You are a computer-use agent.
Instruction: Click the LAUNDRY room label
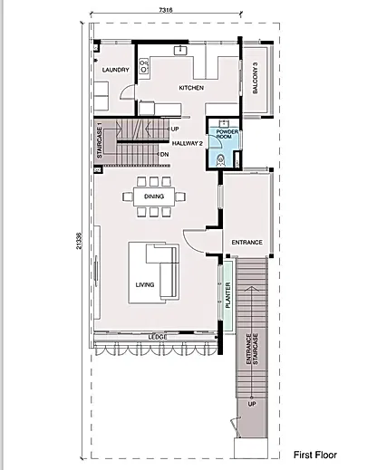click(x=115, y=70)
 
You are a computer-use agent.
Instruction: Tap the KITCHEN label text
click(x=191, y=88)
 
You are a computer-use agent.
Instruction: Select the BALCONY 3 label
click(x=256, y=78)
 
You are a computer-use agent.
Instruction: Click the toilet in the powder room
click(x=221, y=160)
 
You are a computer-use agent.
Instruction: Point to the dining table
click(x=154, y=197)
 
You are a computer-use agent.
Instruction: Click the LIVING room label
click(x=145, y=284)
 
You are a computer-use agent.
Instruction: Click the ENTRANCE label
click(x=246, y=242)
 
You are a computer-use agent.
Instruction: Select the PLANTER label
click(x=228, y=295)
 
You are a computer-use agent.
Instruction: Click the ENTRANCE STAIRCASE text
click(x=252, y=349)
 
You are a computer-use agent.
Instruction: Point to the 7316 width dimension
click(x=166, y=10)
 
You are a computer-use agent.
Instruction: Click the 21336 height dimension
click(x=79, y=241)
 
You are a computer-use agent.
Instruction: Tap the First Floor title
click(x=315, y=455)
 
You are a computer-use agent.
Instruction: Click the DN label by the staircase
click(x=165, y=154)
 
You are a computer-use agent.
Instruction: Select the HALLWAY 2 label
click(x=188, y=143)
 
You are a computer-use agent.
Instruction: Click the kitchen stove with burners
click(x=144, y=66)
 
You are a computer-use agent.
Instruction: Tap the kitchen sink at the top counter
click(x=180, y=50)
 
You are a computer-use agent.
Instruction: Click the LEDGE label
click(x=158, y=337)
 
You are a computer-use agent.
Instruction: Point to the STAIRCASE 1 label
click(x=100, y=140)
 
